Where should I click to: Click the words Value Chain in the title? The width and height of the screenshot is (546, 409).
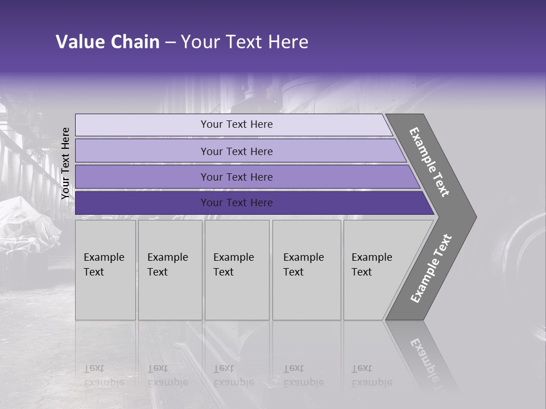(107, 42)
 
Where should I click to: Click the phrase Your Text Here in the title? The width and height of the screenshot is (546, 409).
(245, 42)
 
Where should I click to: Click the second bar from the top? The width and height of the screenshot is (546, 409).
(236, 151)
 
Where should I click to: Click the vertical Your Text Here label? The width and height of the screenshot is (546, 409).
(65, 163)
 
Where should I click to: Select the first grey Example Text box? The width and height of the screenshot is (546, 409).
(105, 270)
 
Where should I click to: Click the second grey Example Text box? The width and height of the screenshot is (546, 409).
(170, 270)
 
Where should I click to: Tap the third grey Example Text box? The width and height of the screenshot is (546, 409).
(237, 270)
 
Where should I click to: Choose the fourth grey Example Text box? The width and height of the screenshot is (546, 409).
(307, 270)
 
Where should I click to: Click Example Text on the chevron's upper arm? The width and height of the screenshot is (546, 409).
(430, 162)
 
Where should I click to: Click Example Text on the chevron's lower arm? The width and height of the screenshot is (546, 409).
(431, 269)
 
